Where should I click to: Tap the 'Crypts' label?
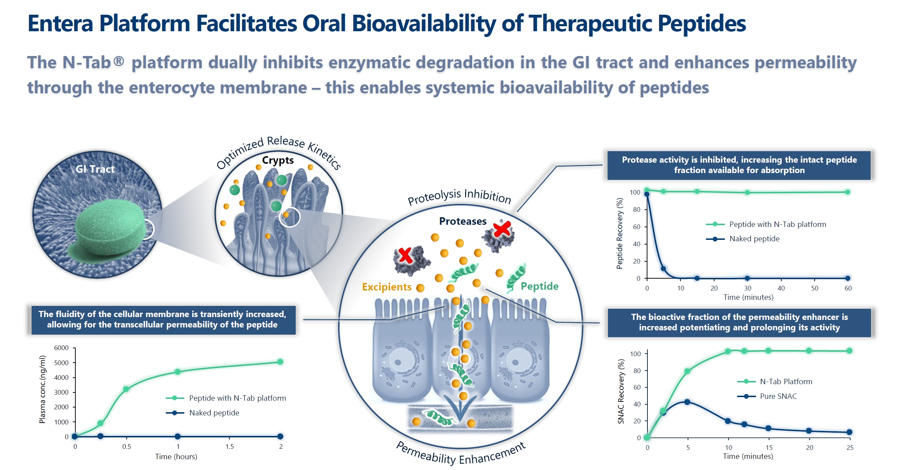click(278, 160)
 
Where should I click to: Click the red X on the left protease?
click(406, 255)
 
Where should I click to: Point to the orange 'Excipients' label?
click(387, 287)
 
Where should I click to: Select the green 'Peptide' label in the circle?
click(539, 286)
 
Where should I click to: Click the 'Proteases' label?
click(463, 221)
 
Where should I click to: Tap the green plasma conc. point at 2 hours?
click(280, 362)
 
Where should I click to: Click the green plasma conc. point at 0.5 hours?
click(126, 389)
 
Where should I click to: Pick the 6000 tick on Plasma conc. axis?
click(61, 348)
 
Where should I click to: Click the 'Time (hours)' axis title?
click(176, 456)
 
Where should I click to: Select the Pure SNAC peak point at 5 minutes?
click(687, 402)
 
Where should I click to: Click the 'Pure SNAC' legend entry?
click(778, 396)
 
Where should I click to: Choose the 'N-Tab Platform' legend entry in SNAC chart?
click(786, 381)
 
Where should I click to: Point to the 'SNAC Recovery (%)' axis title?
click(621, 391)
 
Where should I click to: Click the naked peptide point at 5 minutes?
click(663, 269)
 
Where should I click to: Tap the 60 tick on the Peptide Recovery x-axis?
click(848, 288)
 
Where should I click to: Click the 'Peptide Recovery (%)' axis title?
click(619, 233)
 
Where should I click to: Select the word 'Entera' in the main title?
click(60, 24)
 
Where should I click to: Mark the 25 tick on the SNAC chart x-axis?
click(850, 447)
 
